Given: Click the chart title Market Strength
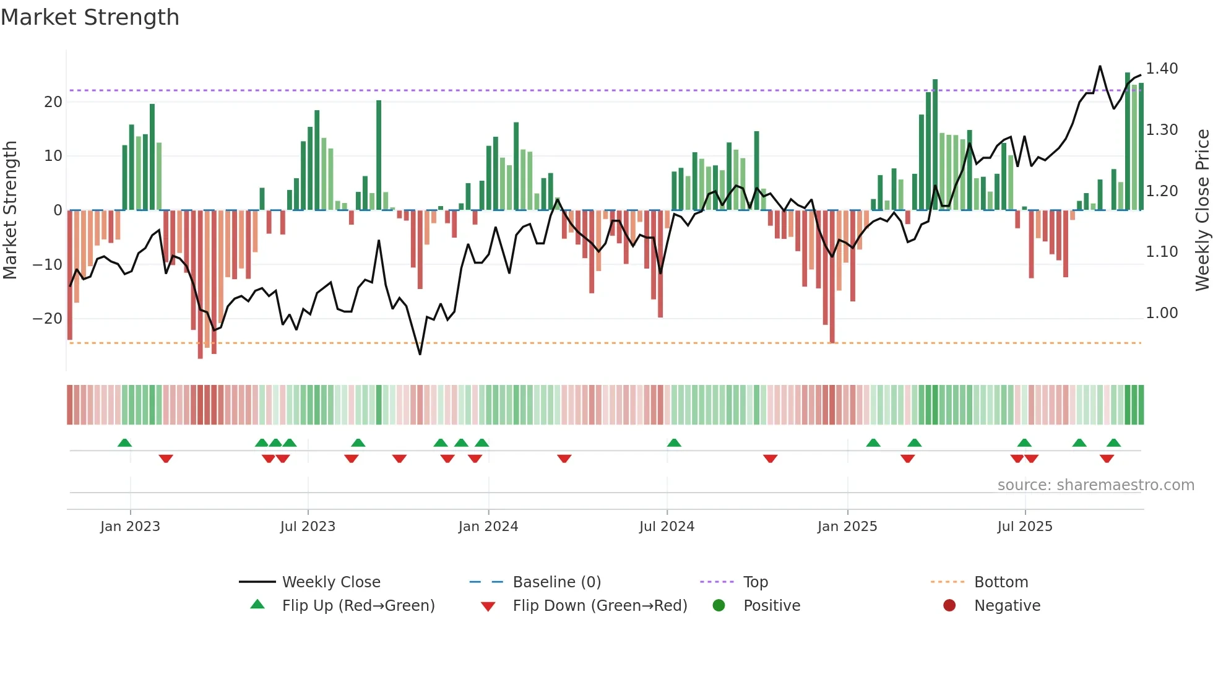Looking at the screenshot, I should pos(90,17).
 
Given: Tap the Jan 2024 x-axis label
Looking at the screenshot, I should pos(488,527).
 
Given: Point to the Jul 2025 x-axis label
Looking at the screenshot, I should pos(1024,527).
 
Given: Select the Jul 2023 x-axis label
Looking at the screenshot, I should pos(308,527).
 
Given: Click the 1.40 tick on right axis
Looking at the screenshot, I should pos(1162,69).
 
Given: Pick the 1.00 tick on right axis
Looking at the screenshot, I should pos(1162,313).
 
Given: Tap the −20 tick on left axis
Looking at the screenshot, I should pos(48,319).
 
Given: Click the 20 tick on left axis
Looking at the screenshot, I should pos(53,102).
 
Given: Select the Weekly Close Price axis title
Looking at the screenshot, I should pos(1202,210).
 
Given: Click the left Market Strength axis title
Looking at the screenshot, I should pos(11,210).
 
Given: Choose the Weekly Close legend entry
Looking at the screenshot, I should pos(330,582).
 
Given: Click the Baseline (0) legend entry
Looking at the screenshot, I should pos(556,582).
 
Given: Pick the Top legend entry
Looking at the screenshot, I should pos(755,582).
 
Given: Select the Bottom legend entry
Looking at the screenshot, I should pos(1001,582).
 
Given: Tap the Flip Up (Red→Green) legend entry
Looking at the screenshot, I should pos(358,606).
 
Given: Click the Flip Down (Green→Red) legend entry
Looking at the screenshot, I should pos(599,606).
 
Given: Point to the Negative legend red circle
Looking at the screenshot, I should pos(949,605).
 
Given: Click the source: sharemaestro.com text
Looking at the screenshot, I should pos(1095,485).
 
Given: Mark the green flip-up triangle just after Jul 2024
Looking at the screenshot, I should pos(674,443).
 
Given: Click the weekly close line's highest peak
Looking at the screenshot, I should pos(1100,66).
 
